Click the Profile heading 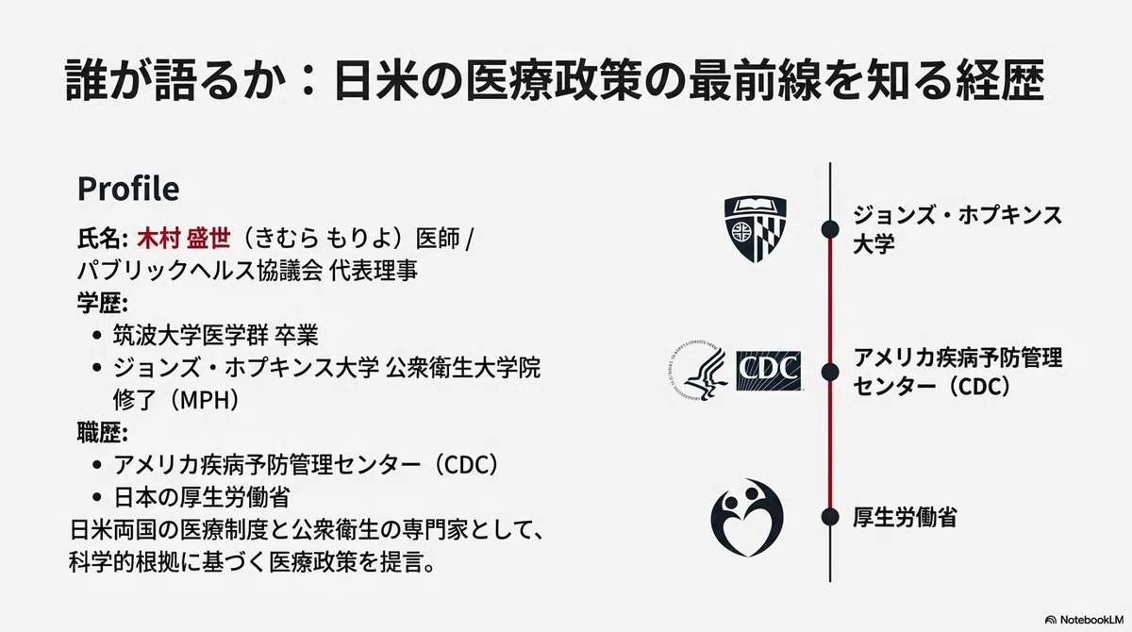[128, 189]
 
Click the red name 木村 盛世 [184, 239]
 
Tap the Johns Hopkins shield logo [755, 229]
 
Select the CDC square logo [768, 371]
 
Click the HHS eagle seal [698, 371]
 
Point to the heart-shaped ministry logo [747, 517]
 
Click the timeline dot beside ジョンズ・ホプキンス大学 [830, 229]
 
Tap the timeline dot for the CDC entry [830, 373]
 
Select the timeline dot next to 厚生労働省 [830, 517]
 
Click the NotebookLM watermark [1084, 620]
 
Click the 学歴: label [103, 303]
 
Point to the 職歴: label [103, 432]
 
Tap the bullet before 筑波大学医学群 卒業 [97, 336]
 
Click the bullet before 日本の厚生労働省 [97, 497]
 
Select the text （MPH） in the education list [205, 400]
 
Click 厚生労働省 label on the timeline [905, 517]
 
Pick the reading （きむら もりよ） [323, 239]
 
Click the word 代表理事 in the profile [374, 271]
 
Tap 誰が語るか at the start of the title [173, 80]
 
